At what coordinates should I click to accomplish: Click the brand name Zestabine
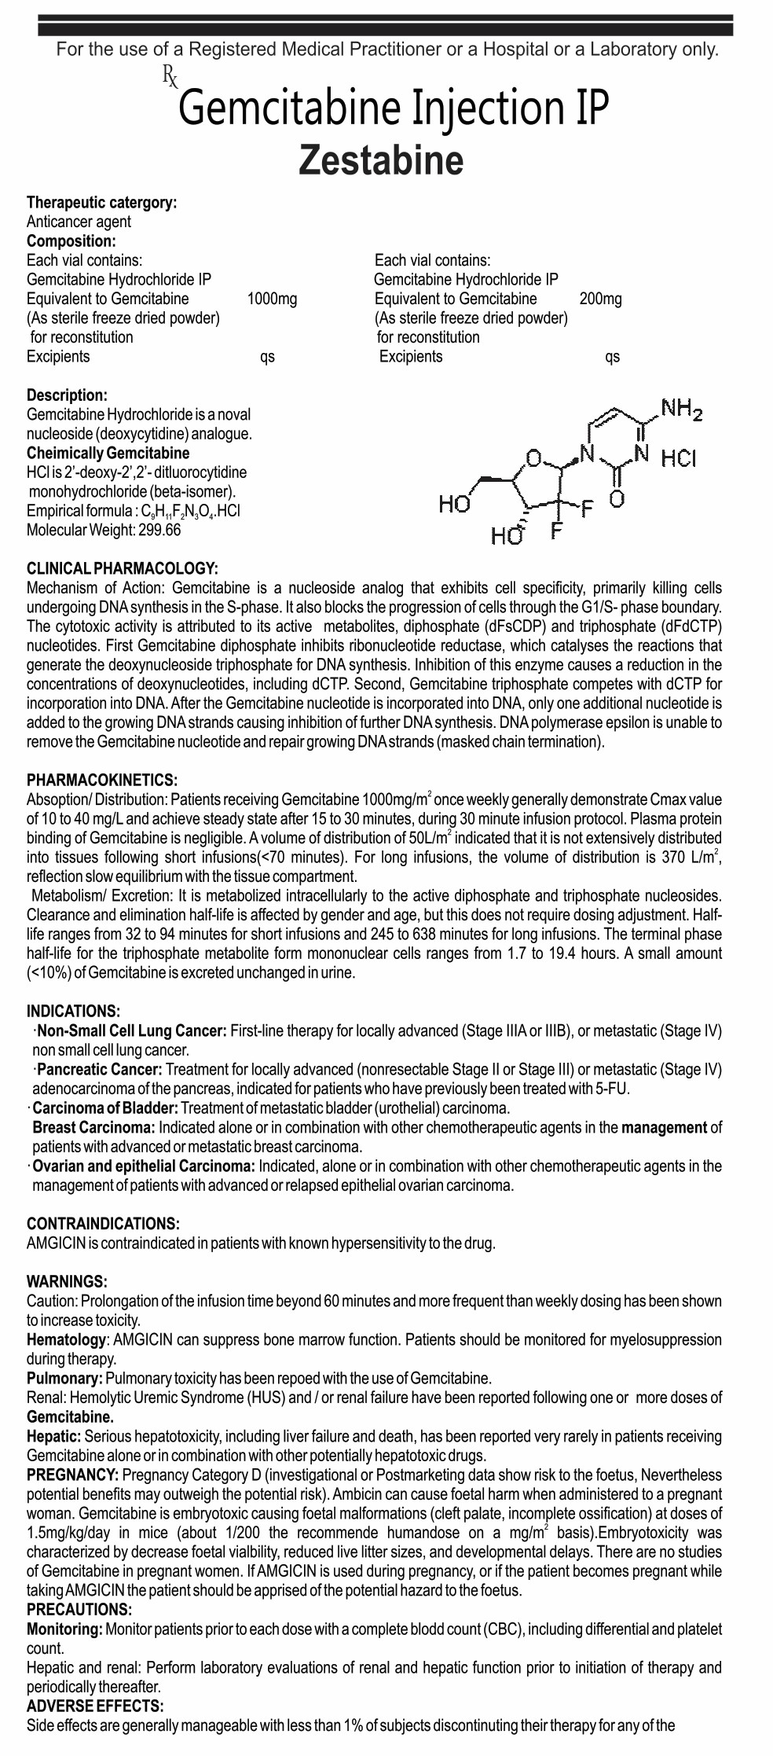coord(381,160)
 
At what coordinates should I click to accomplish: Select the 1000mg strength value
coord(272,299)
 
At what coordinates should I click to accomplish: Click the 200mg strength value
coord(600,299)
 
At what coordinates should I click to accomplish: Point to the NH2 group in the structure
coord(681,409)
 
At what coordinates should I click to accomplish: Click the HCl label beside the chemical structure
coord(678,457)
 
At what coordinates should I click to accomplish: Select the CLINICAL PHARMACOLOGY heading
coord(122,568)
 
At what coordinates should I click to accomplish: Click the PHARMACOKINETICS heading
coord(102,780)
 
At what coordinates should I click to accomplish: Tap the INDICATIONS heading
coord(74,1011)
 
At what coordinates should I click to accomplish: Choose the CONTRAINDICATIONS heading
coord(103,1224)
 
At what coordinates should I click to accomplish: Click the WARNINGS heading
coord(67,1281)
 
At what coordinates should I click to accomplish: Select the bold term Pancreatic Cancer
coord(100,1069)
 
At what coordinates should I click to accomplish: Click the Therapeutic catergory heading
coord(101,203)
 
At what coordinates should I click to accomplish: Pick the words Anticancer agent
coord(79,222)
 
